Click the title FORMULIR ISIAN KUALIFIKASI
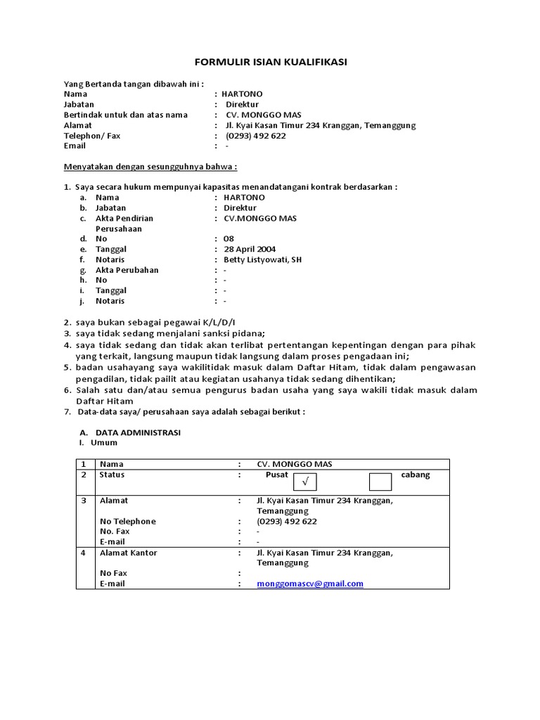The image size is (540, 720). click(270, 63)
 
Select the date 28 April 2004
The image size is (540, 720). click(250, 249)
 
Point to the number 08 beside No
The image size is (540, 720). click(229, 239)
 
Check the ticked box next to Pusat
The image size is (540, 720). click(304, 482)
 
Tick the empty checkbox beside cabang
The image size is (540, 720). click(380, 482)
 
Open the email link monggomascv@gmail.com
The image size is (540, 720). click(310, 584)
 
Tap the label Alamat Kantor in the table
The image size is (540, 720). click(128, 553)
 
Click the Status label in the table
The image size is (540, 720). click(112, 475)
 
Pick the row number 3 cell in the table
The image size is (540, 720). click(83, 501)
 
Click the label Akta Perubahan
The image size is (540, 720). click(127, 270)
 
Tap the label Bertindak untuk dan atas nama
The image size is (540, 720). click(126, 115)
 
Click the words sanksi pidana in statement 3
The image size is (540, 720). click(234, 333)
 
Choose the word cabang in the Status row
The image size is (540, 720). click(415, 475)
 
